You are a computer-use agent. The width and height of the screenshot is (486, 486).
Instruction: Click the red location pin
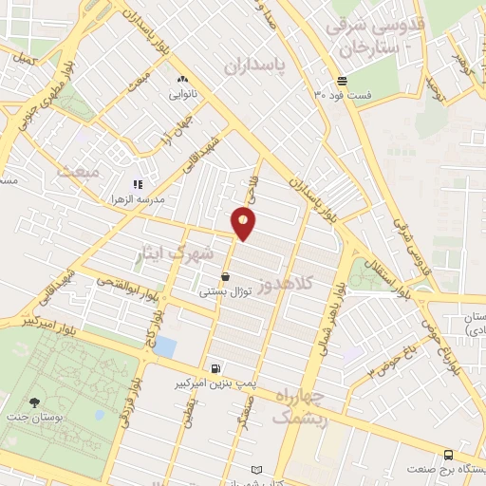[x=244, y=222]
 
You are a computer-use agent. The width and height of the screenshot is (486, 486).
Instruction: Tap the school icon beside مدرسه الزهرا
[x=139, y=184]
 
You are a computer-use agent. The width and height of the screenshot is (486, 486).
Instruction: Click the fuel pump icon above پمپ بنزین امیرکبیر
[x=217, y=368]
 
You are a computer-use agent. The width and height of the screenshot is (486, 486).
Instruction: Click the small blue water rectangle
[x=166, y=346]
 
